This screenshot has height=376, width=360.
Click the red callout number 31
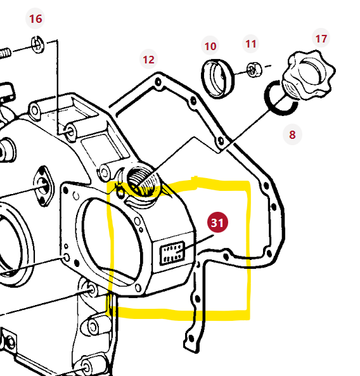[x=217, y=223]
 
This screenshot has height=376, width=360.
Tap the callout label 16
[x=35, y=19]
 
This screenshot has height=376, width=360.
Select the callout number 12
[x=148, y=60]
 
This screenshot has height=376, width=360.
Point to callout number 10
[x=210, y=46]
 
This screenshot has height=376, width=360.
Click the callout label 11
[x=252, y=44]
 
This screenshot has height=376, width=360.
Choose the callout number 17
[x=321, y=39]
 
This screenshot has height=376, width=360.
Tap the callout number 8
[x=292, y=134]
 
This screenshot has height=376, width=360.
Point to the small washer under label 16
[x=37, y=44]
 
